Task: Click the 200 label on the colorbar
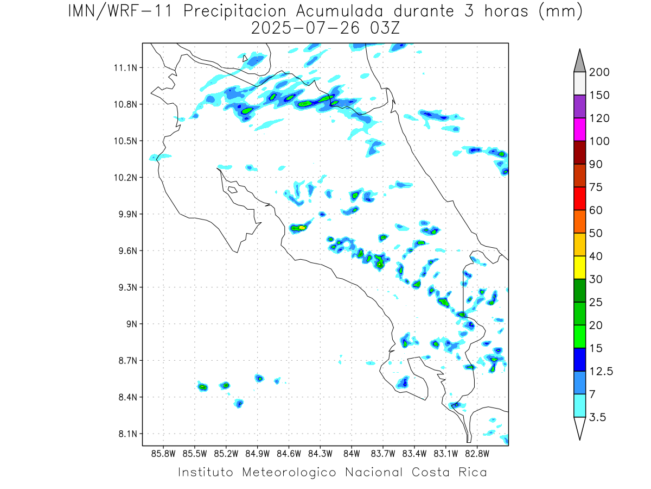point(599,72)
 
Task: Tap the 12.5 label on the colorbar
point(601,371)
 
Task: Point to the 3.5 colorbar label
point(598,417)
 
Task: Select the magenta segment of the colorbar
point(579,129)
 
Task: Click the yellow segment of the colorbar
point(579,267)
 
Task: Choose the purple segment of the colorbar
point(579,106)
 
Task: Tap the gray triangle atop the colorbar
point(579,61)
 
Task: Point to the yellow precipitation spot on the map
point(302,228)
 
